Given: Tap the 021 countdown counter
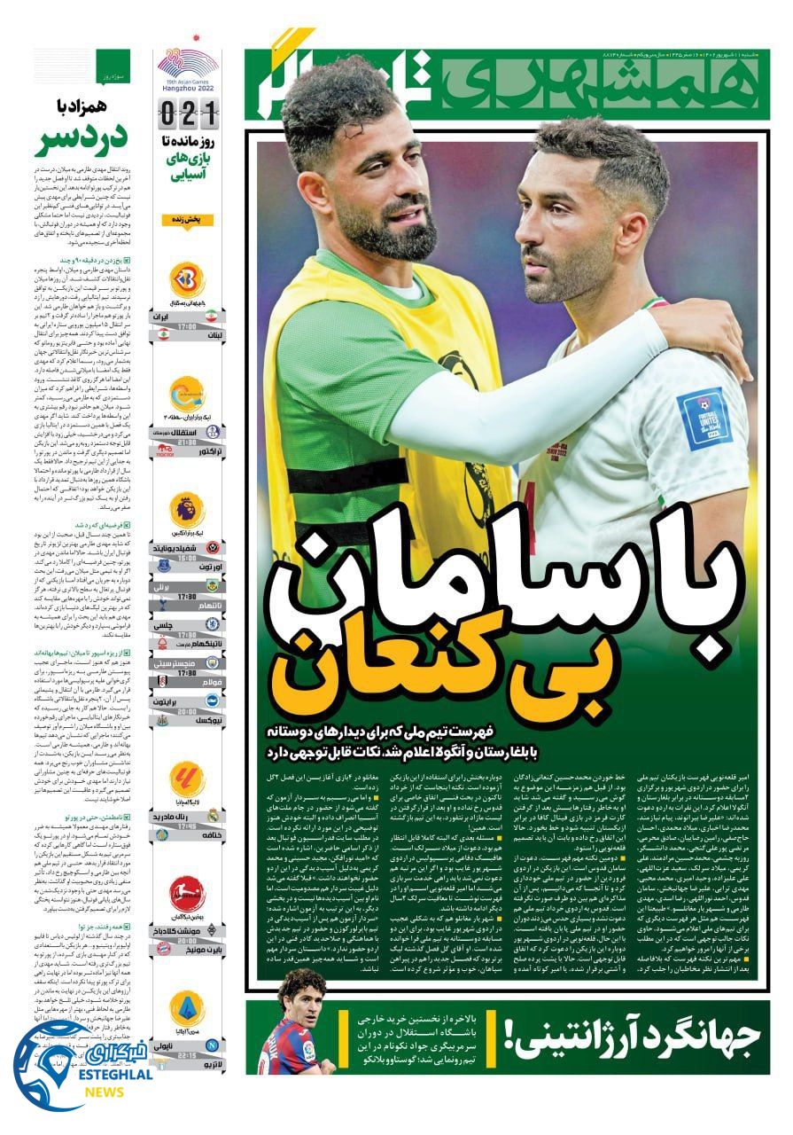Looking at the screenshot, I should (188, 113).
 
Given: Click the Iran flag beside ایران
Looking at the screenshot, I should (211, 315).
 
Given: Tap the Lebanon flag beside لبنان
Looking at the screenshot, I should (163, 332).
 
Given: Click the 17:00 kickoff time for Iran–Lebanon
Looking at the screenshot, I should (187, 325).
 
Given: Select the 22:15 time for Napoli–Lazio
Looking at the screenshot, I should (187, 1055).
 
